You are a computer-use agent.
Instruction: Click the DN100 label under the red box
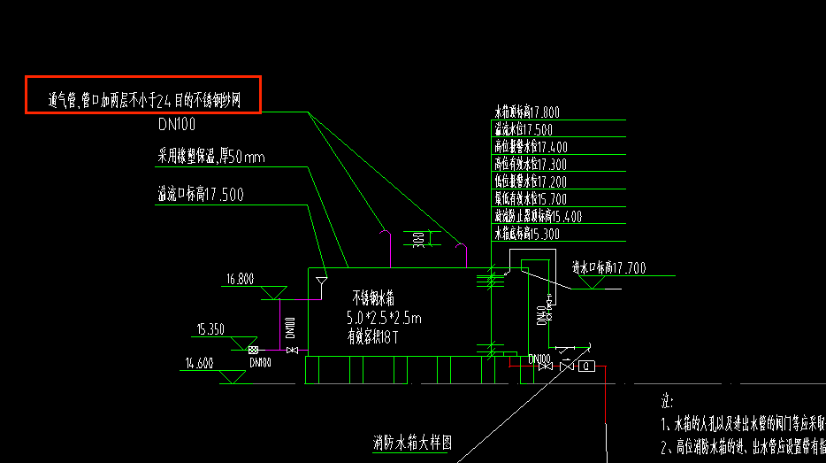tap(177, 125)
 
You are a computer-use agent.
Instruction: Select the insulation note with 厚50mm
tap(210, 158)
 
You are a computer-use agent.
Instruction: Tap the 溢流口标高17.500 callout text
tap(200, 194)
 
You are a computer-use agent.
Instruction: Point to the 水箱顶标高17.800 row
tap(527, 112)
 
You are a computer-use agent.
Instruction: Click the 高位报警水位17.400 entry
tap(531, 147)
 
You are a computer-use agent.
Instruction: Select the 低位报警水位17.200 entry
tap(531, 181)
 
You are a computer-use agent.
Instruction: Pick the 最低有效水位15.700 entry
tap(531, 199)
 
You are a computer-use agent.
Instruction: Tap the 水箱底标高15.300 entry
tap(527, 234)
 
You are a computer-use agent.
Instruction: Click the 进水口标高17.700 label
tap(608, 267)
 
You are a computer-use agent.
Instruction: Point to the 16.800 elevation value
tap(240, 280)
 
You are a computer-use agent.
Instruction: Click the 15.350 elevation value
tap(210, 329)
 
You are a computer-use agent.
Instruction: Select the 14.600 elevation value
tap(200, 362)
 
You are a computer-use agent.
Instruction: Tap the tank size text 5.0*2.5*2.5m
tap(385, 318)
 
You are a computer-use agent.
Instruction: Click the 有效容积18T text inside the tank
tap(373, 336)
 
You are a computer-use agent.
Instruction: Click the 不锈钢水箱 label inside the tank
tap(379, 297)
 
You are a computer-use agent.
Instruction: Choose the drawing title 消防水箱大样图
tap(412, 443)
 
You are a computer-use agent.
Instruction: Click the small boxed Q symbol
tap(585, 366)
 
